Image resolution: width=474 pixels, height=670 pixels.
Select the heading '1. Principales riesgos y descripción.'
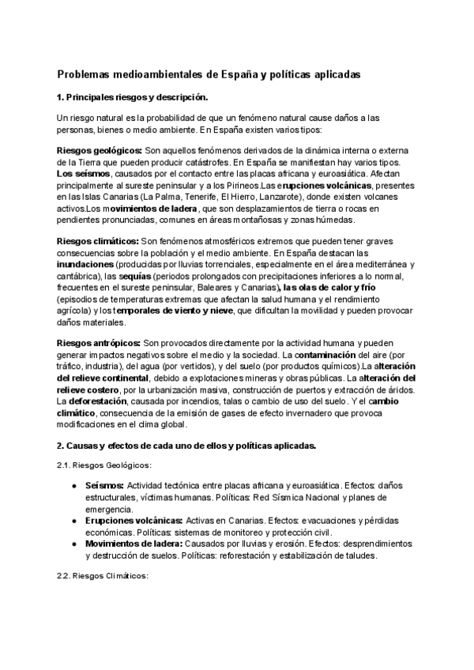coord(133,97)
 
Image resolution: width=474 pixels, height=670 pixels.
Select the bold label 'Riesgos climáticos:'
coord(98,239)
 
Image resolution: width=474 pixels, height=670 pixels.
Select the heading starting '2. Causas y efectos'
coord(186,446)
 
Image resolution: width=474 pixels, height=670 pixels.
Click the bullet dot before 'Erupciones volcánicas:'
coord(73,521)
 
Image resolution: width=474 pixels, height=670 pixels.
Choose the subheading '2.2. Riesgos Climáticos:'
coord(103,577)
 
